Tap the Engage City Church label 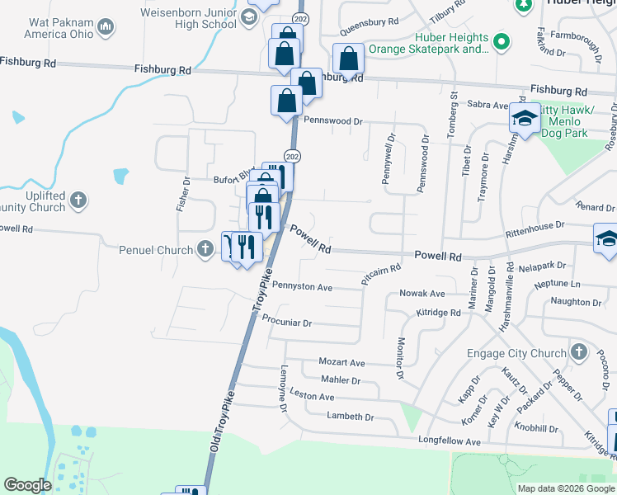(x=514, y=354)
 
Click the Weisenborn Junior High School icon (x=249, y=17)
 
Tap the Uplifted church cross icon (x=78, y=200)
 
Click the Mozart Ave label (x=341, y=362)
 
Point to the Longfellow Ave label (x=450, y=442)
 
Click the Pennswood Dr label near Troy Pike (x=333, y=120)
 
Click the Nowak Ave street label (x=422, y=294)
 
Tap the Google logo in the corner (x=27, y=485)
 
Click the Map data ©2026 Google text (x=567, y=488)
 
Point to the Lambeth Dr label (x=350, y=417)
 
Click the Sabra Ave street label (x=488, y=106)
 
